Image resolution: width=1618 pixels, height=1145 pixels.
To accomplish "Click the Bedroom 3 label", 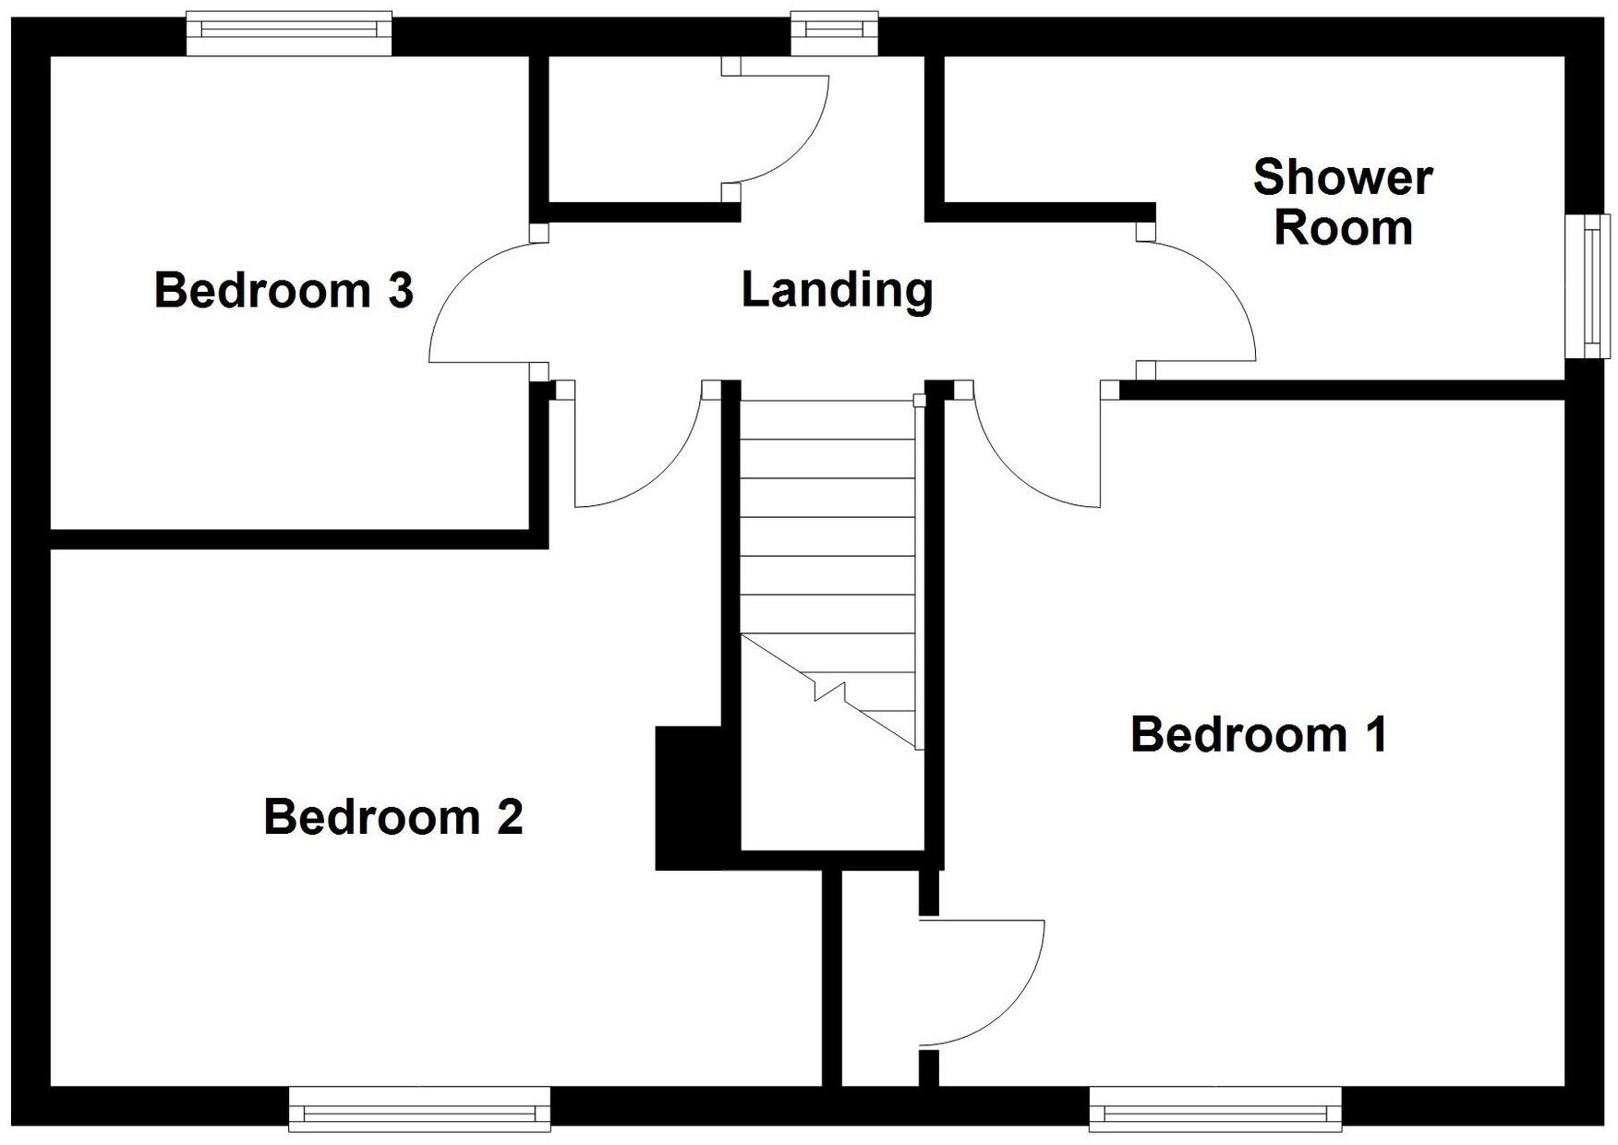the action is (x=284, y=290).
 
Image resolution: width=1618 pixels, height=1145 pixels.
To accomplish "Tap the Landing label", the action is (x=837, y=289).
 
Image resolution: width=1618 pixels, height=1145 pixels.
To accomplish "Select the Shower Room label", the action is (x=1343, y=202).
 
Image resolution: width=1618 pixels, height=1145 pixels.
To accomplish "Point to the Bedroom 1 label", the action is (x=1259, y=735).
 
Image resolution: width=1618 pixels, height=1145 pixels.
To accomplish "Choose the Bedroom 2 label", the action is (x=393, y=817).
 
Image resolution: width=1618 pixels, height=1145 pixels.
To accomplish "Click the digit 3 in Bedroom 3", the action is (x=400, y=290).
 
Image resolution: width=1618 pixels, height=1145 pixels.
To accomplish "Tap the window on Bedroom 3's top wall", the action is (x=289, y=33).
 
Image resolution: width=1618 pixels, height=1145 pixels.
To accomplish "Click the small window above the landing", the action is (x=835, y=33).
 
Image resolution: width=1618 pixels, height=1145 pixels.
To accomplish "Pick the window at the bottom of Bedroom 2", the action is (x=419, y=1108).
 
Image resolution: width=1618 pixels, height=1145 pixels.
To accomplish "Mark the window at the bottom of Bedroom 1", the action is (x=1215, y=1108).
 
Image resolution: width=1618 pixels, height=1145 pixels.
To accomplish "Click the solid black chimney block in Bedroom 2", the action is (x=689, y=798).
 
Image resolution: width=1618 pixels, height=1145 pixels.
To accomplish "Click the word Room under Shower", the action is (x=1343, y=227).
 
